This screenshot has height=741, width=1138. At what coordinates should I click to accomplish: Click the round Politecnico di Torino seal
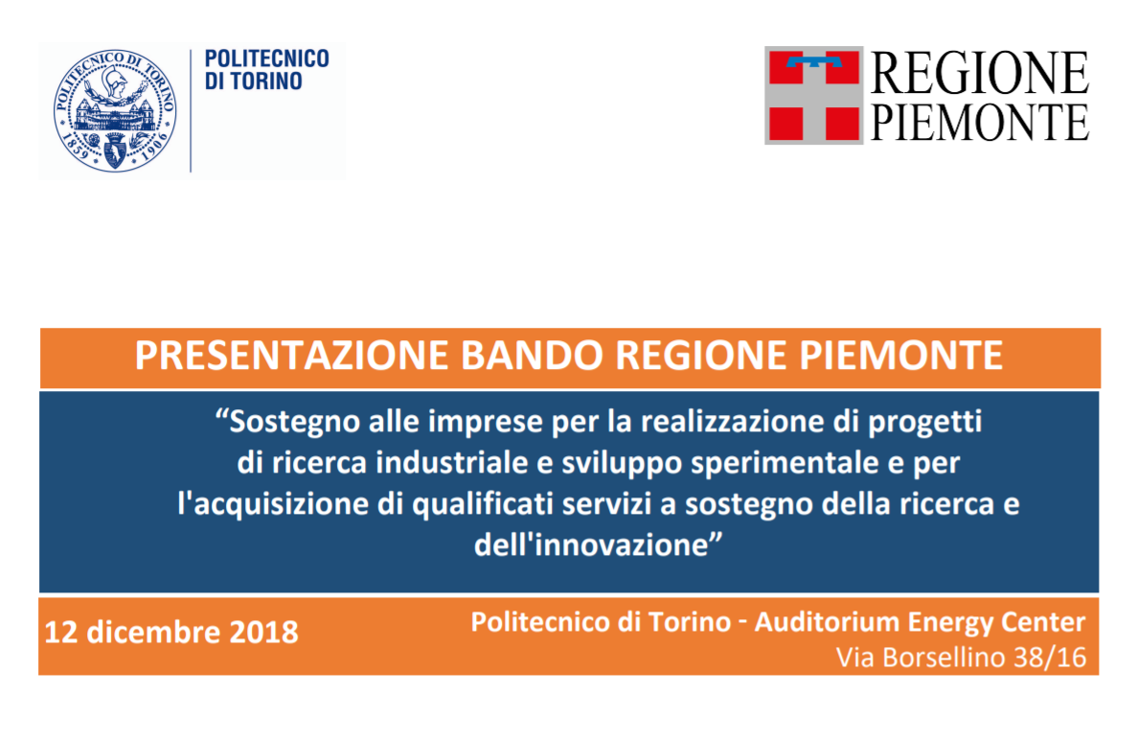115,110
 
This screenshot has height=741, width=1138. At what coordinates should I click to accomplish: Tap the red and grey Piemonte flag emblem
813,95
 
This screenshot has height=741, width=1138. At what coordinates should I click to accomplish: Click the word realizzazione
732,422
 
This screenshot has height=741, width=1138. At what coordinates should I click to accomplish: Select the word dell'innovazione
590,544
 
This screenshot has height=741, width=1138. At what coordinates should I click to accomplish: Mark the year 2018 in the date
263,632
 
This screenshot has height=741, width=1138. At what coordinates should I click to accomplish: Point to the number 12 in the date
61,632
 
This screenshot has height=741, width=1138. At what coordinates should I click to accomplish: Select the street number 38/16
1050,659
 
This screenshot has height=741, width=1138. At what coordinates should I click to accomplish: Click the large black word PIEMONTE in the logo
979,122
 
